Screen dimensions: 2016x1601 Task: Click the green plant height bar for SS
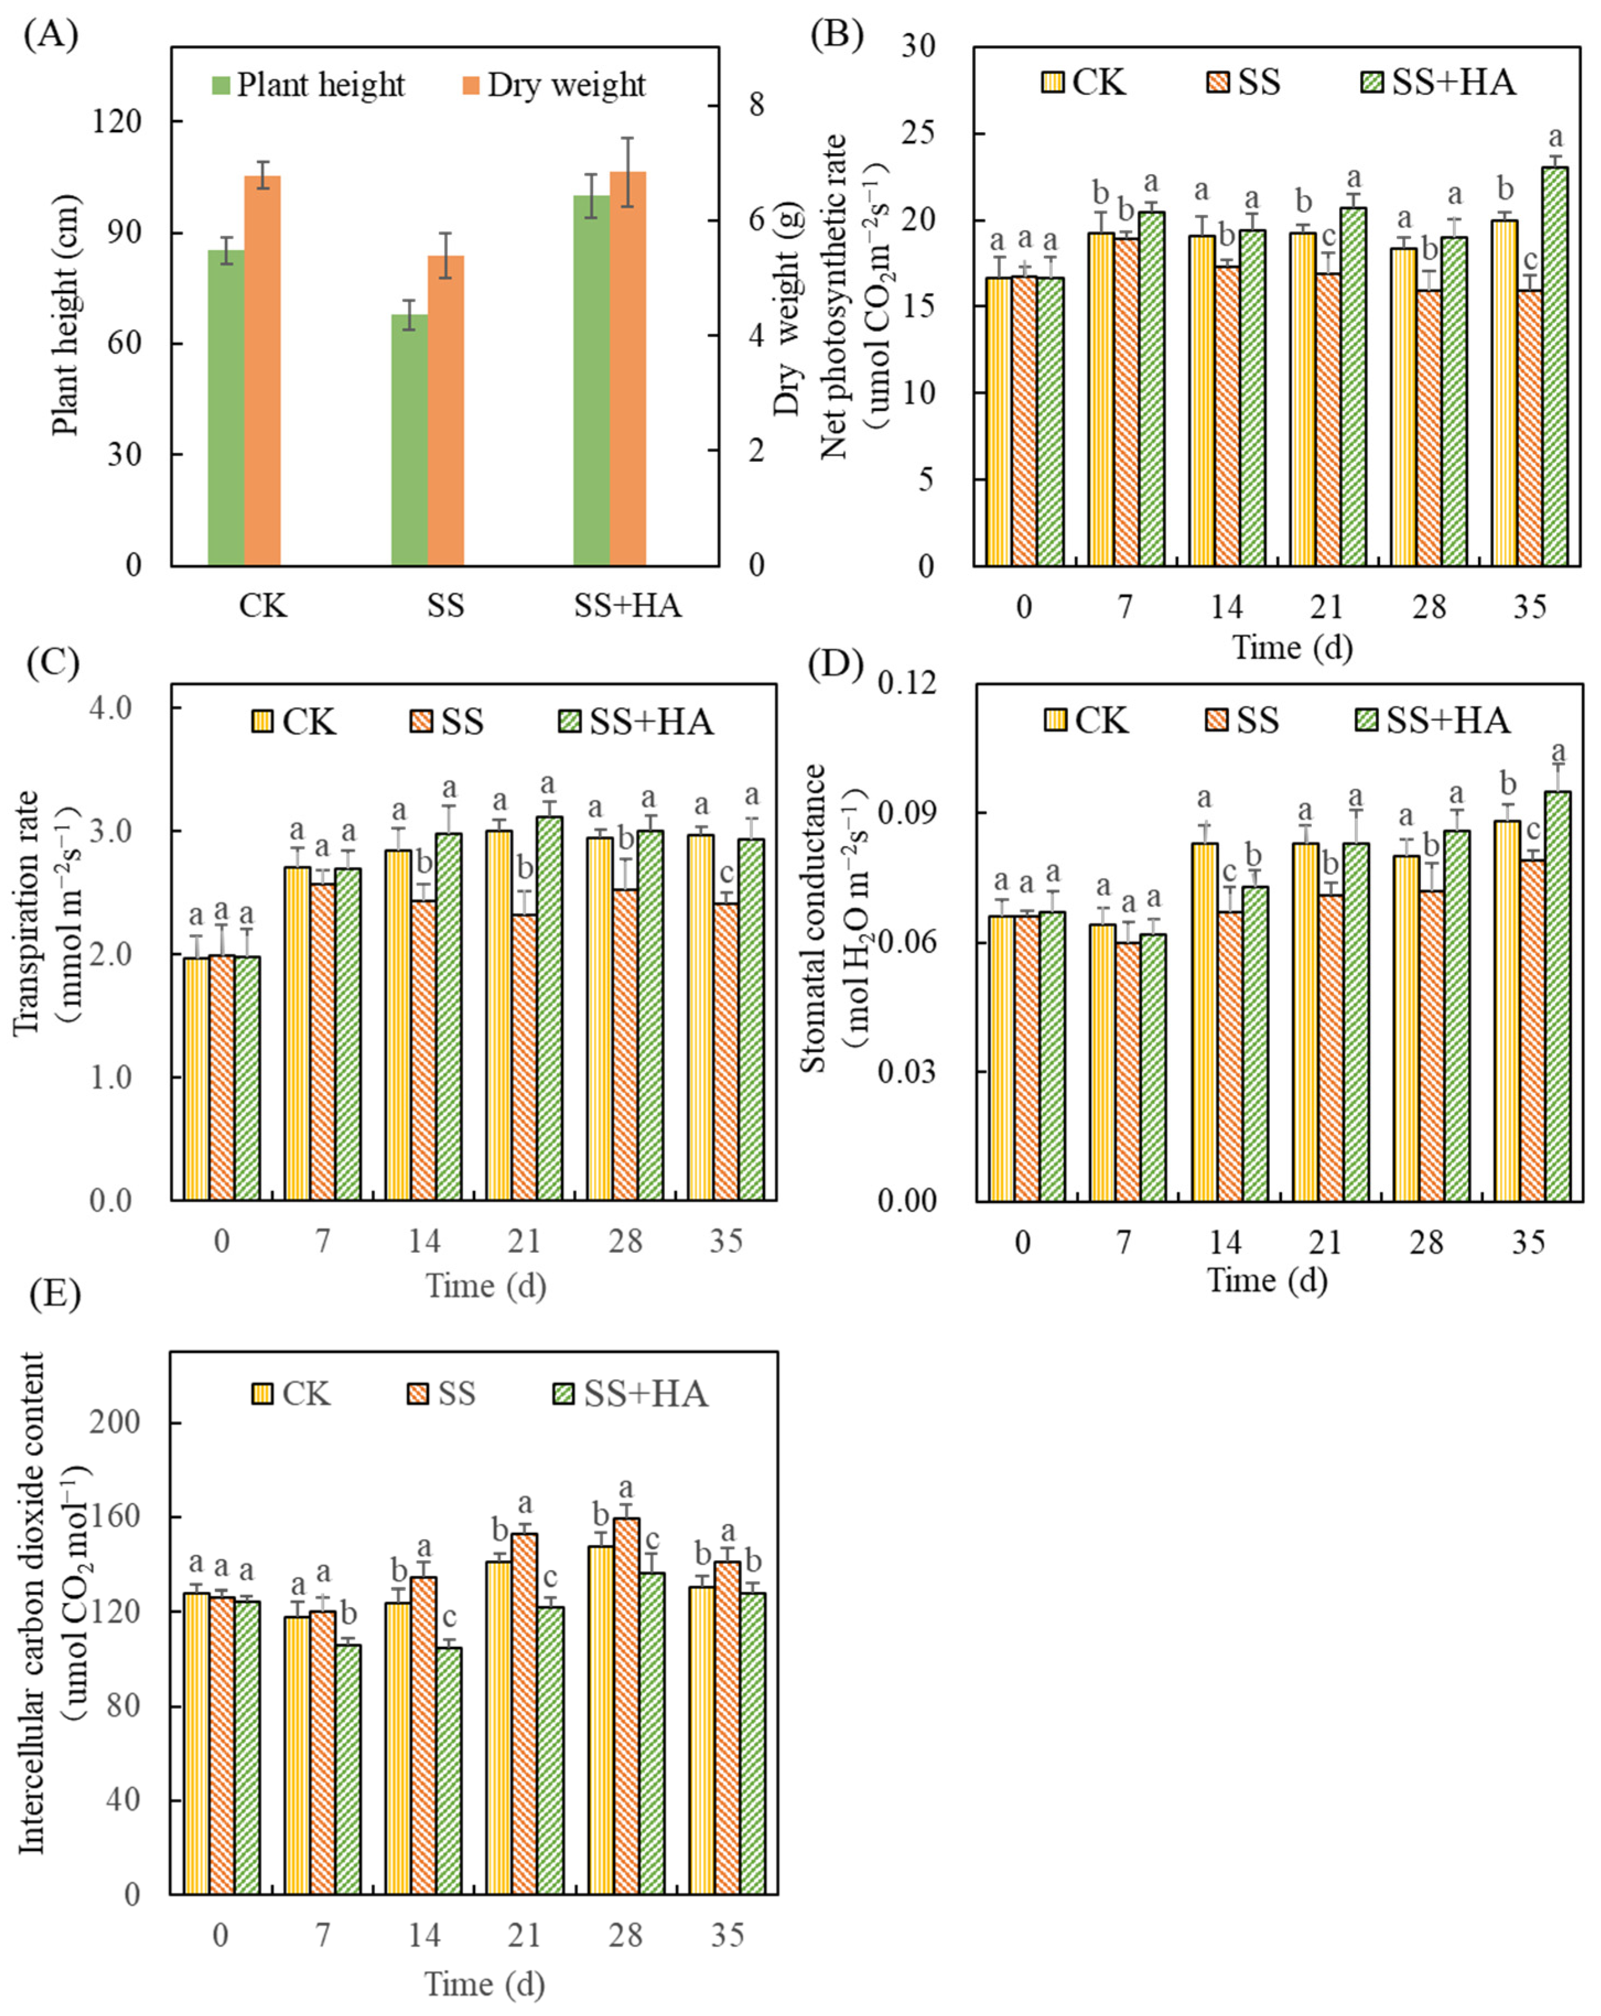click(409, 440)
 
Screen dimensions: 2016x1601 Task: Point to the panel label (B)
click(837, 35)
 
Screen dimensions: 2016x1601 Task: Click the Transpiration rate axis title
click(28, 912)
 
